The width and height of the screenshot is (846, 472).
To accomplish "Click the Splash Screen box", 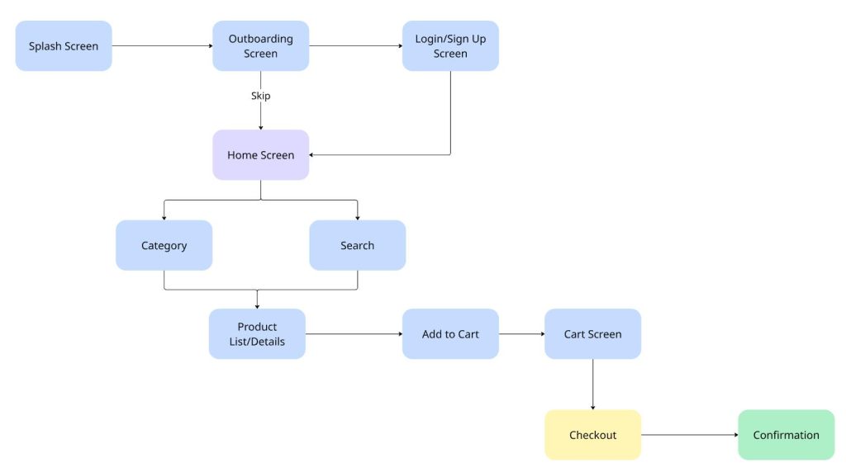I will tap(64, 46).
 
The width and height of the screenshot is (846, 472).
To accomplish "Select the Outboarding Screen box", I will tap(260, 46).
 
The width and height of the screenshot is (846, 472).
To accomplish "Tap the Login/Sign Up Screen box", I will tap(450, 46).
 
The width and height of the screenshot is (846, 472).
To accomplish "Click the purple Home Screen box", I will tap(260, 155).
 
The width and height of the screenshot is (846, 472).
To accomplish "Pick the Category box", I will tap(164, 245).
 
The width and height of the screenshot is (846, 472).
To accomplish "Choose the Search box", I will tap(357, 245).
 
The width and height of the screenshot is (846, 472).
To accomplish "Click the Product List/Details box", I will tap(257, 334).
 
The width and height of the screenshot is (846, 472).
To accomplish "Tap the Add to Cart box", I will tap(450, 334).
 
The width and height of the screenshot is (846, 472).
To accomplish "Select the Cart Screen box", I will tap(592, 334).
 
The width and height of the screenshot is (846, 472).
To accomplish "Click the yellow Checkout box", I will tap(592, 435).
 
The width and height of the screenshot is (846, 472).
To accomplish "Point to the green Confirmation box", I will tap(786, 435).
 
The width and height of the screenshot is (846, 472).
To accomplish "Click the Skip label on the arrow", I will tap(260, 96).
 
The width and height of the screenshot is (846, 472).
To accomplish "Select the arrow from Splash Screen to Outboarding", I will tap(162, 46).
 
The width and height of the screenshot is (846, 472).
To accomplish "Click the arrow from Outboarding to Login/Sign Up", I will tap(355, 46).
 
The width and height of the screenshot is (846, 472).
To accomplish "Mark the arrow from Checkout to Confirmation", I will tap(689, 435).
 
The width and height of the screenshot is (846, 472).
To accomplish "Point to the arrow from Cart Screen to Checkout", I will tap(592, 384).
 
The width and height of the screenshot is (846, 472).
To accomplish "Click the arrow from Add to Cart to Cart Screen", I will tap(521, 334).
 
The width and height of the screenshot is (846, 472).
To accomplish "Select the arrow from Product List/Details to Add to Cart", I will tap(354, 334).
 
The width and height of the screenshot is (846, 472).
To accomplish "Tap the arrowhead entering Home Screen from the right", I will tap(313, 154).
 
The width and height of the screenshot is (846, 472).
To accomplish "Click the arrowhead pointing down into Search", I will tap(357, 217).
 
